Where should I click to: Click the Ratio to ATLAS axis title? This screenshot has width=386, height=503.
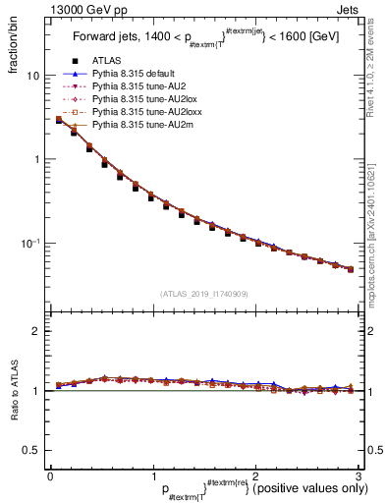(x=13, y=393)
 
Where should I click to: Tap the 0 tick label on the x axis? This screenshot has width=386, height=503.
(x=50, y=475)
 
